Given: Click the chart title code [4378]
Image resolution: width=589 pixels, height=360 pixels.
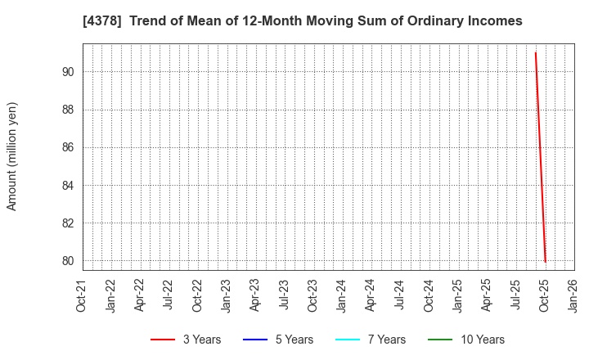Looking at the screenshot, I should point(99,21).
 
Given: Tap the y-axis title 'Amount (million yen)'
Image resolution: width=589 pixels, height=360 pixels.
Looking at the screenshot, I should point(12,156).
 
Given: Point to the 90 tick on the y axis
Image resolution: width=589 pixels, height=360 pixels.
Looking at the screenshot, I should point(67,72).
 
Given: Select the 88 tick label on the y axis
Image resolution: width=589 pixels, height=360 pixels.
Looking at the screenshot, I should point(67,110).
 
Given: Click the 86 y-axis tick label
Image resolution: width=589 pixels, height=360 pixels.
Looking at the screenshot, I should point(67,147).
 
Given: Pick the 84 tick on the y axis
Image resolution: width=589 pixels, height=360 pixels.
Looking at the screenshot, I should point(67,186).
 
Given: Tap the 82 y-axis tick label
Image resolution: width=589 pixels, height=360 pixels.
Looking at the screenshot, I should point(67,223).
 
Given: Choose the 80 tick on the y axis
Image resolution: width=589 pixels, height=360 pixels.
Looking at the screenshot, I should point(67,261).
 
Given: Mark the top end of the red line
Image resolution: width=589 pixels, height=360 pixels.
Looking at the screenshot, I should point(536,53).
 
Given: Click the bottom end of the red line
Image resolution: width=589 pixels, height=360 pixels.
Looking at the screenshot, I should point(545,262).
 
